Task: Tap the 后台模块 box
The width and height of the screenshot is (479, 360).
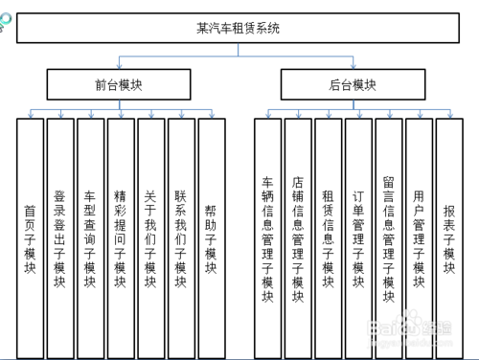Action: pyautogui.click(x=352, y=84)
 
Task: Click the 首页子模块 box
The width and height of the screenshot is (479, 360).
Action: pyautogui.click(x=30, y=235)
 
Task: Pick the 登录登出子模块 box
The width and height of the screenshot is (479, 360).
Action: pyautogui.click(x=60, y=235)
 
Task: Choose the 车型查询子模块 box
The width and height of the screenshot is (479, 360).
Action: pyautogui.click(x=90, y=235)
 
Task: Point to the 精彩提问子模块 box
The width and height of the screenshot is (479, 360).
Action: pyautogui.click(x=121, y=235)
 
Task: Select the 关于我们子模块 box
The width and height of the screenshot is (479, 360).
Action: pyautogui.click(x=150, y=235)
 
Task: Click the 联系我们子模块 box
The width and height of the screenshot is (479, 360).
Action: pyautogui.click(x=180, y=235)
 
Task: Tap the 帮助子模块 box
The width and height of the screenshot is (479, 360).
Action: pyautogui.click(x=211, y=235)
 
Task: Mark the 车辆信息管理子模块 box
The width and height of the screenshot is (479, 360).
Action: pyautogui.click(x=268, y=235)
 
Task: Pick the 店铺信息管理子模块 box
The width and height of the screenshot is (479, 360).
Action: pyautogui.click(x=298, y=235)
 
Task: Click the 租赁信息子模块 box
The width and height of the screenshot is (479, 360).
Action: pyautogui.click(x=328, y=235)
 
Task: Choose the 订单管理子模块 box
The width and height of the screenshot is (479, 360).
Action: pyautogui.click(x=358, y=235)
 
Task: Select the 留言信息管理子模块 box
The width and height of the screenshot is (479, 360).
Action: pyautogui.click(x=388, y=235)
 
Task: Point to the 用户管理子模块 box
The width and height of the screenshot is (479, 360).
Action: pyautogui.click(x=419, y=235)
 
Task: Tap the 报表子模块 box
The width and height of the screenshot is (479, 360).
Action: pyautogui.click(x=448, y=235)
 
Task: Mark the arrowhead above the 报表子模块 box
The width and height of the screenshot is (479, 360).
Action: pyautogui.click(x=448, y=114)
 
